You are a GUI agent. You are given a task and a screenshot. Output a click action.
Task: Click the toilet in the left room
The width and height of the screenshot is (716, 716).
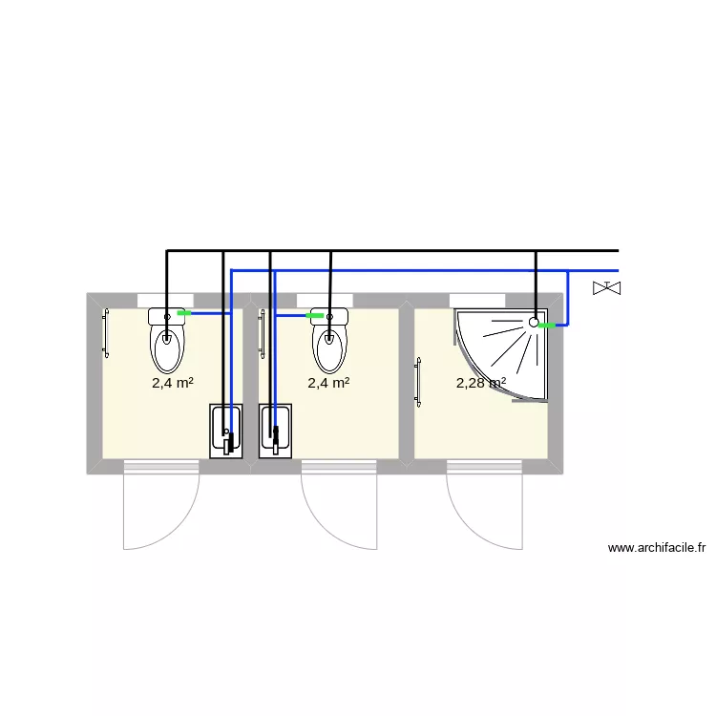[168, 346]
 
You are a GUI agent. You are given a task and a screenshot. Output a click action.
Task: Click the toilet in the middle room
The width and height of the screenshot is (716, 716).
[329, 346]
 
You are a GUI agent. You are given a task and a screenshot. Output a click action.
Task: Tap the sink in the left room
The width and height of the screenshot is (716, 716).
[226, 432]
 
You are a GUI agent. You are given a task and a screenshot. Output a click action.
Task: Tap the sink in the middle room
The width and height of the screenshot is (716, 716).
[275, 432]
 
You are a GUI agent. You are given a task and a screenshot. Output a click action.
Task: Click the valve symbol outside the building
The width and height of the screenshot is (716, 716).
[606, 286]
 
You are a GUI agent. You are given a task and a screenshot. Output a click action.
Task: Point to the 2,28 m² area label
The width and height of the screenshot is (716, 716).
[481, 383]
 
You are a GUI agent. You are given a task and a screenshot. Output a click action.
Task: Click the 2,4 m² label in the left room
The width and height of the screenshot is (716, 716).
[173, 383]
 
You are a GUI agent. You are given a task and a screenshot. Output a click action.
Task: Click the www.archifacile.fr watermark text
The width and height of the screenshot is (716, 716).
[656, 548]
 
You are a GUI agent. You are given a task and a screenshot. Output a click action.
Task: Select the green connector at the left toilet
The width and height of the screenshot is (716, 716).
[183, 312]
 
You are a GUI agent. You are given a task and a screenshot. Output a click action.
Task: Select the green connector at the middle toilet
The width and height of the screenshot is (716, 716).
[314, 314]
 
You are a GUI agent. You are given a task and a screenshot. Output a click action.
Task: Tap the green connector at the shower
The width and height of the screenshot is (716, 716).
[546, 326]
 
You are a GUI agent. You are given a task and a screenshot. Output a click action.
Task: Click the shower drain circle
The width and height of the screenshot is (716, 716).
[534, 323]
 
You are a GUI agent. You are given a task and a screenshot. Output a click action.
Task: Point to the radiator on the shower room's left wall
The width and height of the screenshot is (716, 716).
[417, 383]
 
